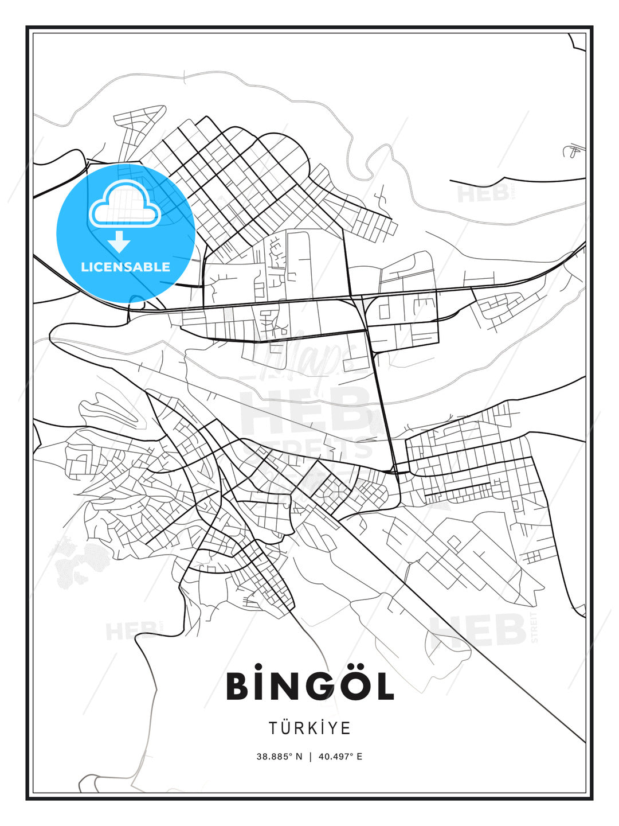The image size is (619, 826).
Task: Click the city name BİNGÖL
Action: click(x=309, y=686)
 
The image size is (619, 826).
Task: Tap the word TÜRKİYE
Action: click(x=309, y=728)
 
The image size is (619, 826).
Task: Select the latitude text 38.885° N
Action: click(x=279, y=757)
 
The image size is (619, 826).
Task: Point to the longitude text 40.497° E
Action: click(x=340, y=757)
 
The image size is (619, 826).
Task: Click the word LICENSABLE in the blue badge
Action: click(x=126, y=267)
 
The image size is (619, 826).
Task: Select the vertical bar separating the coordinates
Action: click(x=310, y=757)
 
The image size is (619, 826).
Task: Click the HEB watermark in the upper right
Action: click(x=483, y=193)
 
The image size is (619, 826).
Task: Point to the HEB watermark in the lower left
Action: click(x=131, y=631)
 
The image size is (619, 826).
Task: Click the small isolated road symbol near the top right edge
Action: click(x=572, y=150)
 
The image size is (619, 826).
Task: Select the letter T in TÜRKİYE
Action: click(x=273, y=728)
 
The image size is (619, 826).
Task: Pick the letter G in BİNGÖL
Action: click(x=316, y=687)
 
